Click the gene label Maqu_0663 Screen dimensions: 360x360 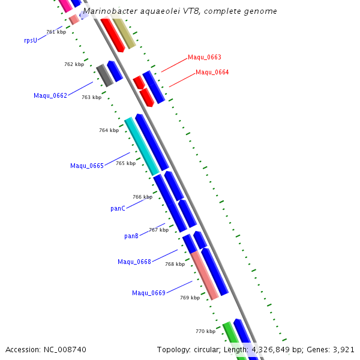tap(204, 58)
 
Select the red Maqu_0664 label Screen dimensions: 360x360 tap(212, 73)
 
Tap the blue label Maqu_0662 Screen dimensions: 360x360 tap(50, 96)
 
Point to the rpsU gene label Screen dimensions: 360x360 tap(31, 40)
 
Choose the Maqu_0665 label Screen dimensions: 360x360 tap(87, 166)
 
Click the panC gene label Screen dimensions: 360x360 tap(118, 209)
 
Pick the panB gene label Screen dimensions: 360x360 tap(131, 236)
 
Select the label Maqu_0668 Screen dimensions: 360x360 tap(134, 262)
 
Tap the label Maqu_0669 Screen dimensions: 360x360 tap(149, 293)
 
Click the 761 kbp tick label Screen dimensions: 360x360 tap(56, 32)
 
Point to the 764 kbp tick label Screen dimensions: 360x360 tap(109, 130)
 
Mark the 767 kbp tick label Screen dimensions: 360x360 tap(158, 230)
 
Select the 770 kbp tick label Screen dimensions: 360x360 tap(205, 331)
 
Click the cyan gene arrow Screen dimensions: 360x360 tap(142, 146)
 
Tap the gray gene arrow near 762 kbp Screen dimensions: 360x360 tap(105, 76)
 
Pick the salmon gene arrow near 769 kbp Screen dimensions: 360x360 tap(205, 275)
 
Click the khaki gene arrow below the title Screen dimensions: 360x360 tap(124, 34)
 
